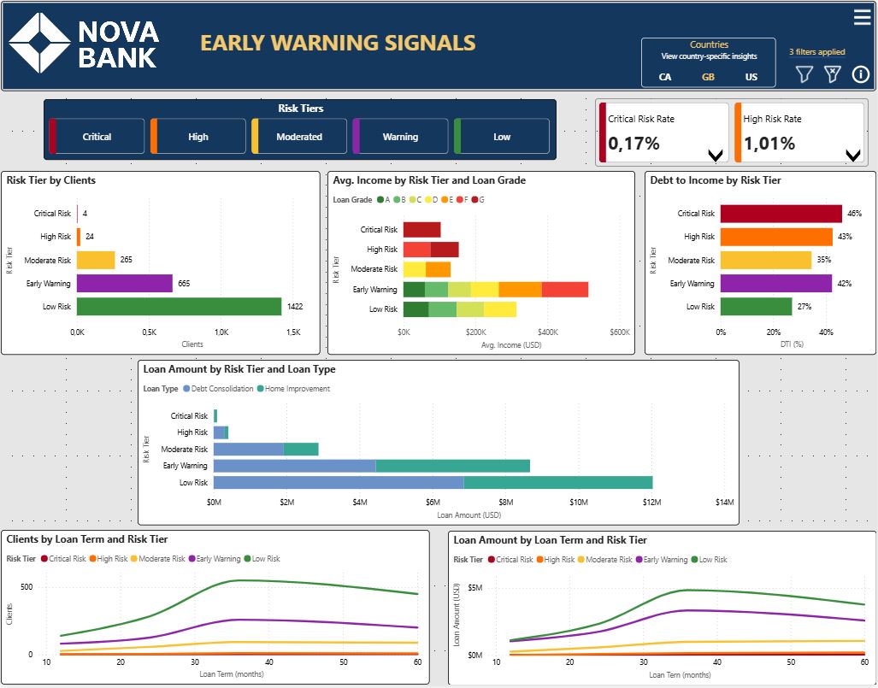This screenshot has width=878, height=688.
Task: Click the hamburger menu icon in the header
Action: pyautogui.click(x=862, y=17)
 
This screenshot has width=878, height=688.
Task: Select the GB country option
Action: pyautogui.click(x=708, y=77)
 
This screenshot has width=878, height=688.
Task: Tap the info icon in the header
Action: pyautogui.click(x=860, y=74)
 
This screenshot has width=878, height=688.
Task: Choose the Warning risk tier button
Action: pyautogui.click(x=400, y=137)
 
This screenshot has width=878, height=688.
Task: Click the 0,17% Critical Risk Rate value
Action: pyautogui.click(x=634, y=144)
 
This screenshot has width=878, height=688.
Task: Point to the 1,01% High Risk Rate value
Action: pyautogui.click(x=769, y=144)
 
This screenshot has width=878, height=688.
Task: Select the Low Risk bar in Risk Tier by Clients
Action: pyautogui.click(x=179, y=306)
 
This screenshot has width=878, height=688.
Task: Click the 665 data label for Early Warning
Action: pyautogui.click(x=184, y=283)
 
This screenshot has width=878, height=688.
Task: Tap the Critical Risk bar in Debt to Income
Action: pyautogui.click(x=781, y=214)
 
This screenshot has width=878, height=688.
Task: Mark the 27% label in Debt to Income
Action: pyautogui.click(x=804, y=307)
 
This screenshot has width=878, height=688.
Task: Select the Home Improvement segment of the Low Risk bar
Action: pyautogui.click(x=557, y=482)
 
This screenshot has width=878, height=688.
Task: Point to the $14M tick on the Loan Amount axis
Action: pyautogui.click(x=724, y=503)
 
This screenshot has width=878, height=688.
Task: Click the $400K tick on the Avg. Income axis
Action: pyautogui.click(x=547, y=332)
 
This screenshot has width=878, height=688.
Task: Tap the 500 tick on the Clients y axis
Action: pyautogui.click(x=27, y=587)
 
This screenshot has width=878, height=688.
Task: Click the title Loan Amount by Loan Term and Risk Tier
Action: pyautogui.click(x=550, y=540)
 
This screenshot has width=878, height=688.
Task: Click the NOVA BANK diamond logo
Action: pyautogui.click(x=40, y=43)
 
